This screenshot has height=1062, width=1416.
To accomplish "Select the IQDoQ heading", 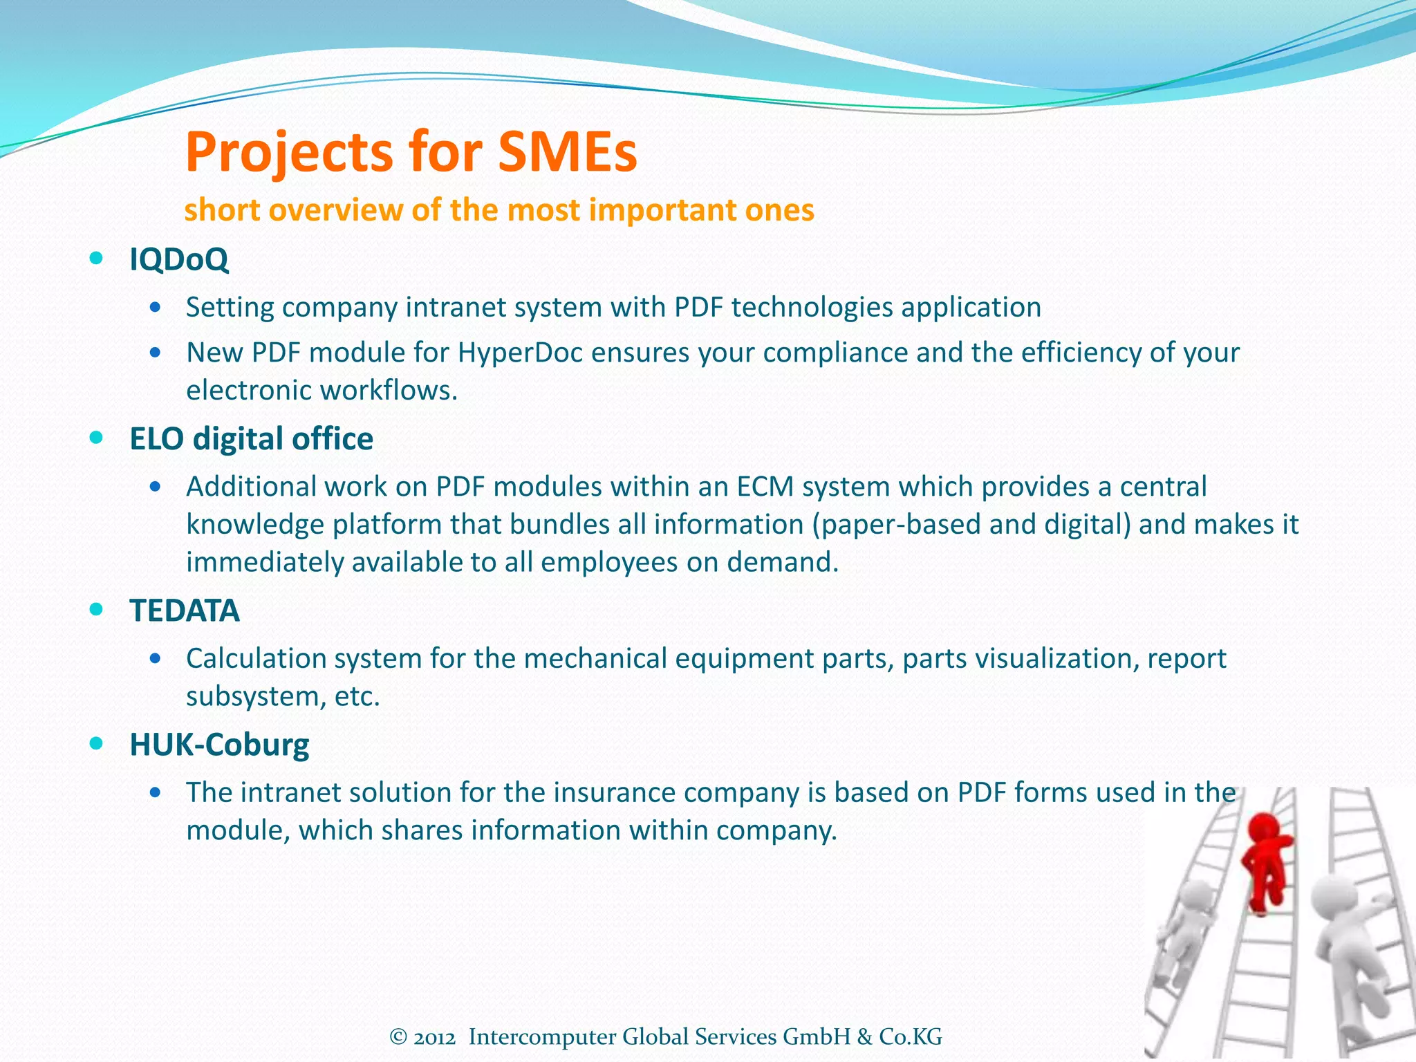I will [178, 259].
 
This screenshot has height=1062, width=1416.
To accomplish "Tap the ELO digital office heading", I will [251, 438].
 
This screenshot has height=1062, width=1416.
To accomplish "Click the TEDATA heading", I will [185, 610].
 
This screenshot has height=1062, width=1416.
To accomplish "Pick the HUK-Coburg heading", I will [219, 744].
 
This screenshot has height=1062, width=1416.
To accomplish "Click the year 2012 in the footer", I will [434, 1037].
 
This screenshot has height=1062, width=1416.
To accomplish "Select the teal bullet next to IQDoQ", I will [97, 259].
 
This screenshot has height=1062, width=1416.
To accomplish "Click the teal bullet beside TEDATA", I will [97, 610].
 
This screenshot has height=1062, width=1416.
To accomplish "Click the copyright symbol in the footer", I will [398, 1037].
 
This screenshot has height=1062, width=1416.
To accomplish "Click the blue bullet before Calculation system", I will [156, 658].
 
